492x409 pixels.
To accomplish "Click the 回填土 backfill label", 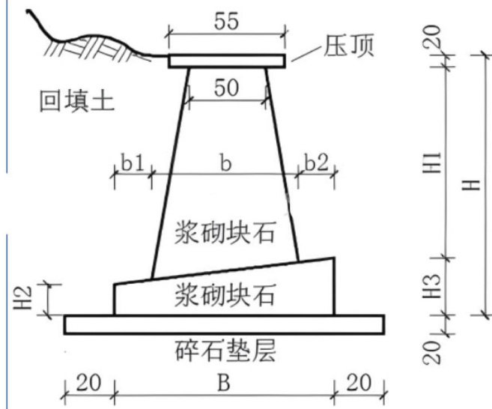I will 77,100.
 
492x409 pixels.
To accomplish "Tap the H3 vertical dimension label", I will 437,285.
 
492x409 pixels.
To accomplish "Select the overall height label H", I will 472,184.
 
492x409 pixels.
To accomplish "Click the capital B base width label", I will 222,386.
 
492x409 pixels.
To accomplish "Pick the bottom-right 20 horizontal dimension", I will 360,386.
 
